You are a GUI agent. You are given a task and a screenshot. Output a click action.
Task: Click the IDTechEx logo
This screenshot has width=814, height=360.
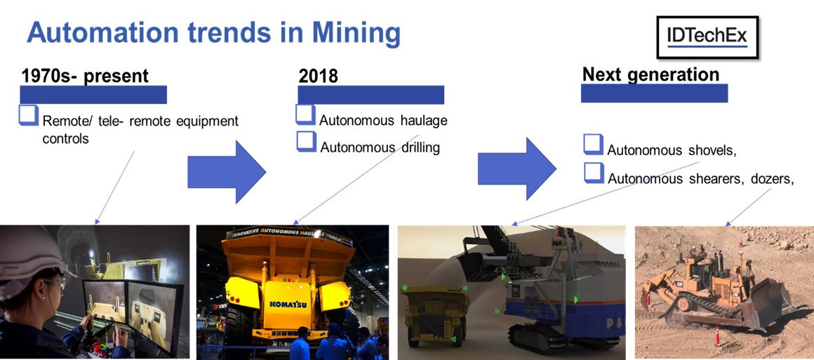(x=707, y=37)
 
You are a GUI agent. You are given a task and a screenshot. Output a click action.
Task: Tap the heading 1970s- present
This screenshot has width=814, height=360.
(x=85, y=76)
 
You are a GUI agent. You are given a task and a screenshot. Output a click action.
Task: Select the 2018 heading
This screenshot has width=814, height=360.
(x=318, y=76)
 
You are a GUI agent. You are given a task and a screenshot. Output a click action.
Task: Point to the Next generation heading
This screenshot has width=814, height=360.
(x=650, y=74)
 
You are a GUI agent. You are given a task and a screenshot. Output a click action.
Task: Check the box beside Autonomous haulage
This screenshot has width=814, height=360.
(x=305, y=115)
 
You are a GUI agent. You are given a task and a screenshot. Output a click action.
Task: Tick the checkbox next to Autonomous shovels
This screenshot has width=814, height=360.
(x=594, y=145)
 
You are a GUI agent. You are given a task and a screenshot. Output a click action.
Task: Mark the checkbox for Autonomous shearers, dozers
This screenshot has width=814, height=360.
(x=594, y=172)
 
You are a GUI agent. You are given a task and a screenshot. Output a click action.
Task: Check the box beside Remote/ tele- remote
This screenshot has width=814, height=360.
(x=29, y=116)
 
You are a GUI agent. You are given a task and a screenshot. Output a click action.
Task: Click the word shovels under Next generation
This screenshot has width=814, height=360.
(x=709, y=150)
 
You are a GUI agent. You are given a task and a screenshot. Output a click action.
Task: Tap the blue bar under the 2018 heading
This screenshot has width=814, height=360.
(x=371, y=95)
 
